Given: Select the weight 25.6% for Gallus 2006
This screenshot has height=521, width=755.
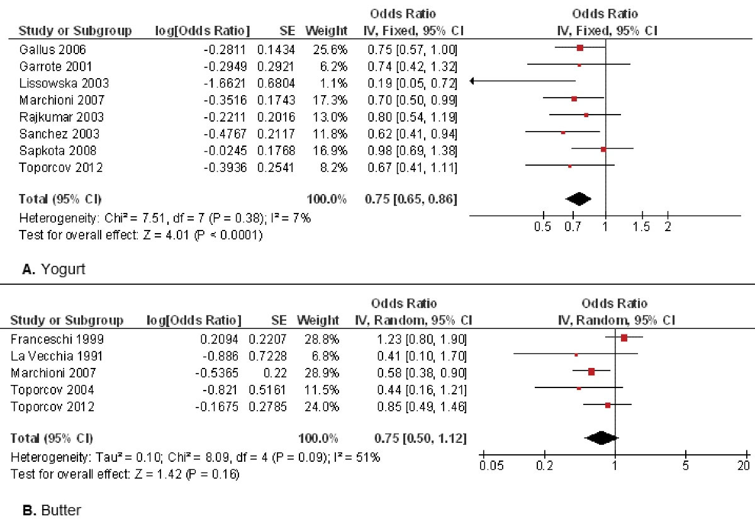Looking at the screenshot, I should point(335,48).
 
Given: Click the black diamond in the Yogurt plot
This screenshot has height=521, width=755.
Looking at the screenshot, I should point(579,199).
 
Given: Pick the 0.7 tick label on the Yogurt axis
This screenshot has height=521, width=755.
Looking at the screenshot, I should point(573,227).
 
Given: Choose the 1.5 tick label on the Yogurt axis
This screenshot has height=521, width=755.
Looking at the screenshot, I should point(642,227).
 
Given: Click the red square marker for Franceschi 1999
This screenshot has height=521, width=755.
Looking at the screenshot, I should point(624,338).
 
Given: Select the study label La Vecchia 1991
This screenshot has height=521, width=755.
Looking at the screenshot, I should point(55,355).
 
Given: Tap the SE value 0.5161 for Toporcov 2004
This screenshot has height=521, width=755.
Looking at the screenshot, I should point(272,390).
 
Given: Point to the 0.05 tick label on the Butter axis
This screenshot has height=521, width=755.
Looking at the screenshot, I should point(483,466).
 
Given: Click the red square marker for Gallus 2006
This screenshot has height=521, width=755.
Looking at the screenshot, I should point(580,48).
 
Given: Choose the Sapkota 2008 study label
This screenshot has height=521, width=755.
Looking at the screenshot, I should point(51,151).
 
